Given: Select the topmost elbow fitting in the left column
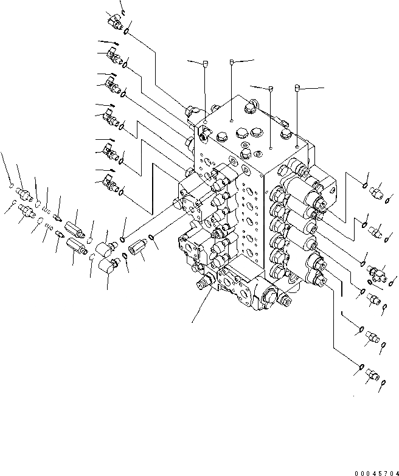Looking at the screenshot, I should tap(115, 22).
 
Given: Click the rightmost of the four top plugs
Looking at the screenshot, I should tap(297, 88).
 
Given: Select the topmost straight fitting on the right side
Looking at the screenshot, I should tap(376, 193).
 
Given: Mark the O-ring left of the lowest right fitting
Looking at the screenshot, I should tap(361, 367).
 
